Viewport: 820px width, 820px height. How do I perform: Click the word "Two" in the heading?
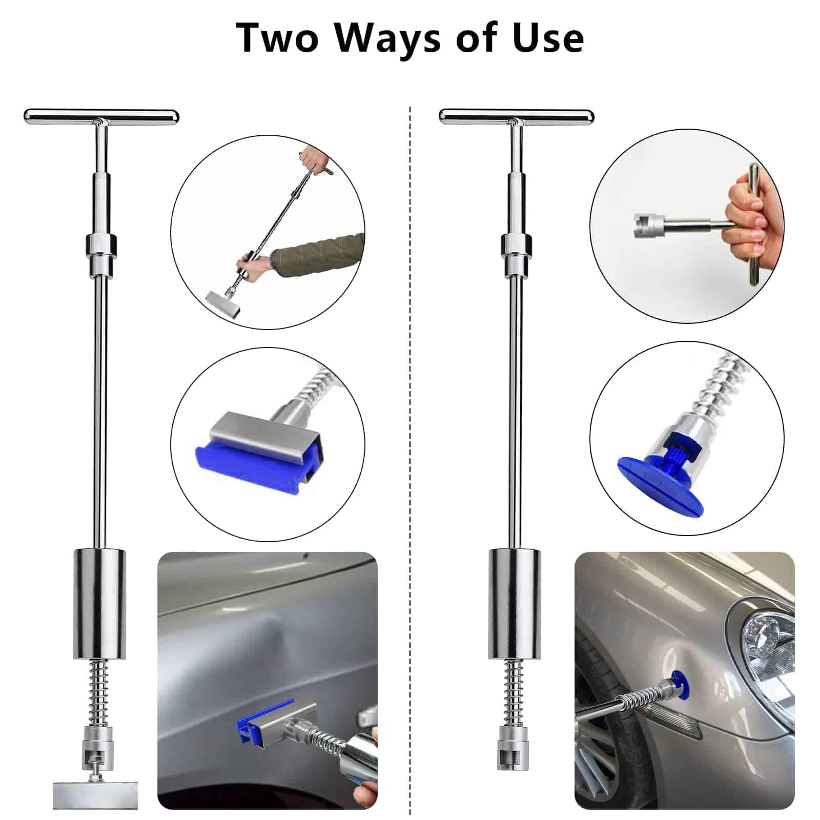click(x=277, y=37)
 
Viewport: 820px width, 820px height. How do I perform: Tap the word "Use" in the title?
click(x=548, y=37)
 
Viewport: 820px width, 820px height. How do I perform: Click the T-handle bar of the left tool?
click(x=101, y=116)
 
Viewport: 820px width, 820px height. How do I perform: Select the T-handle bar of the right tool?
click(x=517, y=116)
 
